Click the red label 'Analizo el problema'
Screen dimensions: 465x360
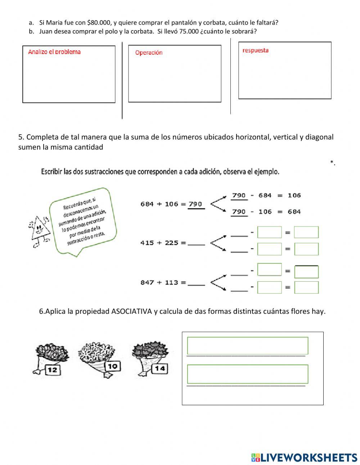point(54,52)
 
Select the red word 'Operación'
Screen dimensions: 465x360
point(149,53)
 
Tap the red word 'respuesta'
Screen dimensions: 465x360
point(255,50)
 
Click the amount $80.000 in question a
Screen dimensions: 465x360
point(99,23)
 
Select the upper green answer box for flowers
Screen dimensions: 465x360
point(248,346)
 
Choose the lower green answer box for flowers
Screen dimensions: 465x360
point(248,374)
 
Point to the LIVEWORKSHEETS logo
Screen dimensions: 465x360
point(304,457)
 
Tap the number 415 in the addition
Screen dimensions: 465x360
point(146,243)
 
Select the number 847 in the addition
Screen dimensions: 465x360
point(147,282)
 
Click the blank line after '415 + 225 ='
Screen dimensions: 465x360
point(196,243)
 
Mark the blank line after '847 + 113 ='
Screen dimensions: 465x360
point(196,283)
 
